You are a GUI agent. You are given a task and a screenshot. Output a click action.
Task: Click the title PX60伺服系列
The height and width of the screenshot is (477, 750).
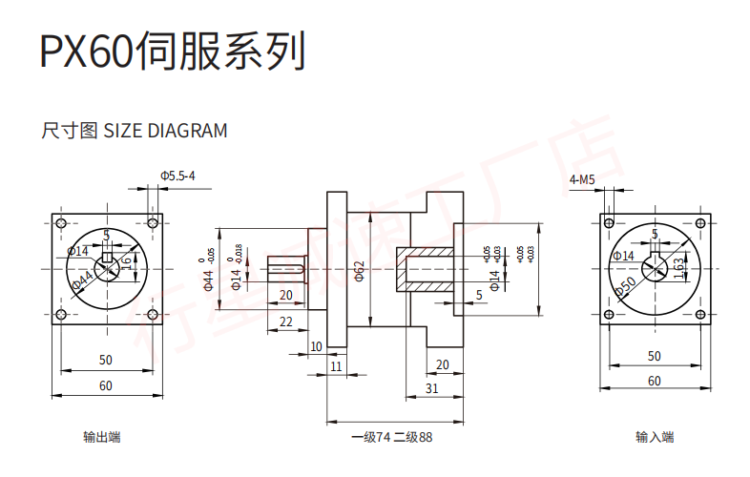pos(173,52)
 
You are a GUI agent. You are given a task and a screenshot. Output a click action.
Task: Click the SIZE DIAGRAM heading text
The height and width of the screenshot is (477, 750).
pos(135,131)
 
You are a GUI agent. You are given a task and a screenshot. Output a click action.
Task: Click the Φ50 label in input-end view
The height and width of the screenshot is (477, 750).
pos(627,285)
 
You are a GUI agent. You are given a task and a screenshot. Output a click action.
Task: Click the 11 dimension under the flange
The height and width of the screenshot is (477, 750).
pos(335,365)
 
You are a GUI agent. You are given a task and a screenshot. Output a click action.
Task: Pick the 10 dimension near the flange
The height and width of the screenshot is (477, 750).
pos(316,345)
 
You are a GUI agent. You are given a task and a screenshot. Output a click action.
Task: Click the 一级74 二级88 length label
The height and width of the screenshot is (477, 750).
pos(391,437)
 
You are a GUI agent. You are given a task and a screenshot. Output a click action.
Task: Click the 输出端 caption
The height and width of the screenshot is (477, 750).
pos(102,437)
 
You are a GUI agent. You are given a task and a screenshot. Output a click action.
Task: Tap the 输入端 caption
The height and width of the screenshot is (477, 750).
pos(655,437)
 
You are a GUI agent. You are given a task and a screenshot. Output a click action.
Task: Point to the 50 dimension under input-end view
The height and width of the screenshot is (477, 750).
pos(654,356)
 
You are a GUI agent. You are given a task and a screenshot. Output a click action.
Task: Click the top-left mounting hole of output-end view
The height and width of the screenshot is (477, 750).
pos(61,222)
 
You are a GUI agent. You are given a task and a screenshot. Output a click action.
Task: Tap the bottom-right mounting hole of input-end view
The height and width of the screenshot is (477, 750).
pos(701,316)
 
